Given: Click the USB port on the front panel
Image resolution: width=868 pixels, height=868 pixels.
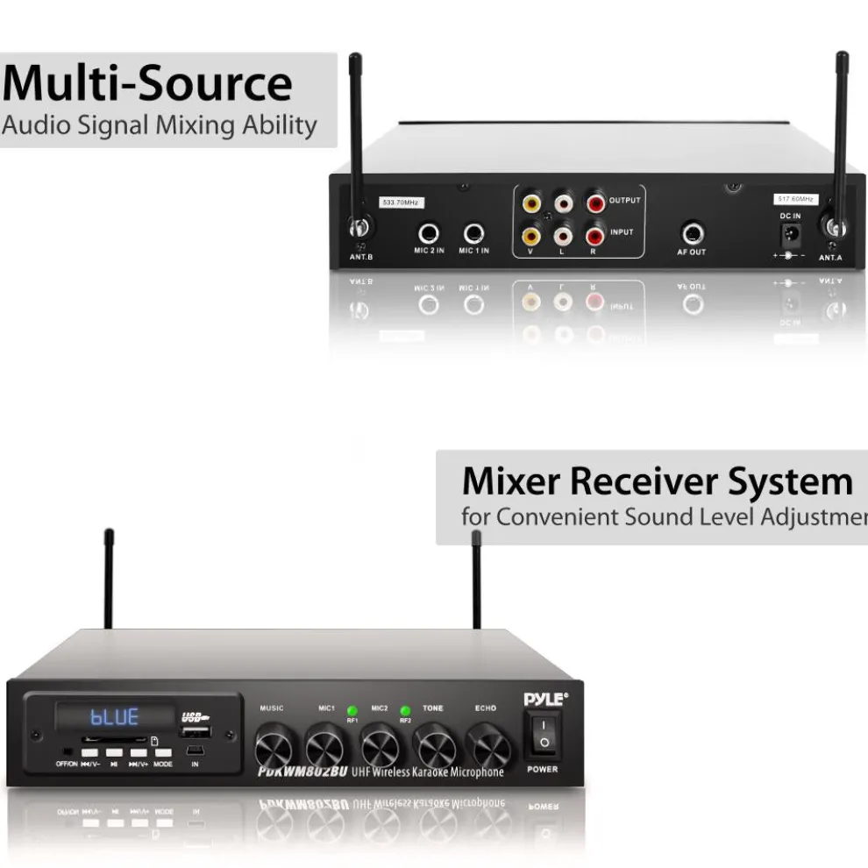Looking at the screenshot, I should [x=196, y=731].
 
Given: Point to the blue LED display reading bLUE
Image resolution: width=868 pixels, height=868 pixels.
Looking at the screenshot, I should [x=116, y=717].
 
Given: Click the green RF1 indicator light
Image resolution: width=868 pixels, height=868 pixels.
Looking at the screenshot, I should [x=352, y=710].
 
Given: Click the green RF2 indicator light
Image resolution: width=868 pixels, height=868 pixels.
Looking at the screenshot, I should [x=406, y=710].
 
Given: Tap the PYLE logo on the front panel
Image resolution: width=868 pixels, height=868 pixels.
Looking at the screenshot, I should [x=544, y=699].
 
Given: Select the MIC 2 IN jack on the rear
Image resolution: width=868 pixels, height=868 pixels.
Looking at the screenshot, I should [x=429, y=234].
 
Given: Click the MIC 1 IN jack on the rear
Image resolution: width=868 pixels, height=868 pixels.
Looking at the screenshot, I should [x=473, y=234].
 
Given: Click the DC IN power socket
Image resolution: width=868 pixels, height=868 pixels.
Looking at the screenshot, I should [x=791, y=235].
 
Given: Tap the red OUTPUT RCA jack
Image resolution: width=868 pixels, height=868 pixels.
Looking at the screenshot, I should [x=596, y=203].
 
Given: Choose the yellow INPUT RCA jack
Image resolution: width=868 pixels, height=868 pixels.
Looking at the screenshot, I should [x=530, y=234].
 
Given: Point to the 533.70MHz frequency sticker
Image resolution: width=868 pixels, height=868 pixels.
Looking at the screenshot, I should [x=401, y=203].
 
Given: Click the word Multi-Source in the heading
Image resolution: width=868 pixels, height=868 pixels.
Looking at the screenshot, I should [x=147, y=84].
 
